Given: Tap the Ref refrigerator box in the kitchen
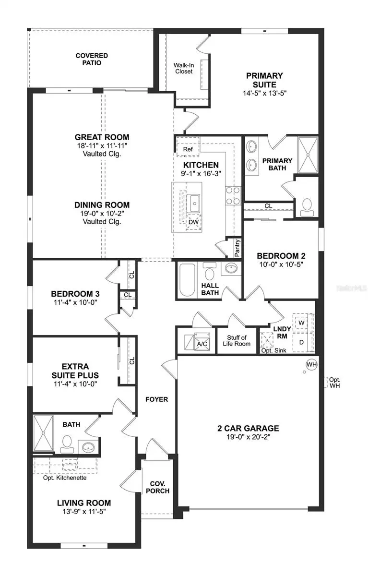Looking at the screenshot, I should click(188, 149).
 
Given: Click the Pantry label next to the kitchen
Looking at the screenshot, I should click(237, 249).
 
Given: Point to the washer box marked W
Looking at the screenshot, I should click(302, 323).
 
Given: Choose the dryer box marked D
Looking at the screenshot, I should click(302, 342).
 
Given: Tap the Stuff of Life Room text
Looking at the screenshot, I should click(237, 341).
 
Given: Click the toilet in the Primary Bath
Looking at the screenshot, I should click(306, 204).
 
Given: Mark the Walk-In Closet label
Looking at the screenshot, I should click(183, 68).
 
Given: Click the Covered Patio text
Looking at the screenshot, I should click(91, 59).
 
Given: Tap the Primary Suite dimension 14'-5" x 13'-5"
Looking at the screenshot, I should click(264, 93).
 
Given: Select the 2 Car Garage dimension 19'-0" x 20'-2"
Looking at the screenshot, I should click(247, 437).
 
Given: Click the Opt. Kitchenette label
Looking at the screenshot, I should click(65, 478).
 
